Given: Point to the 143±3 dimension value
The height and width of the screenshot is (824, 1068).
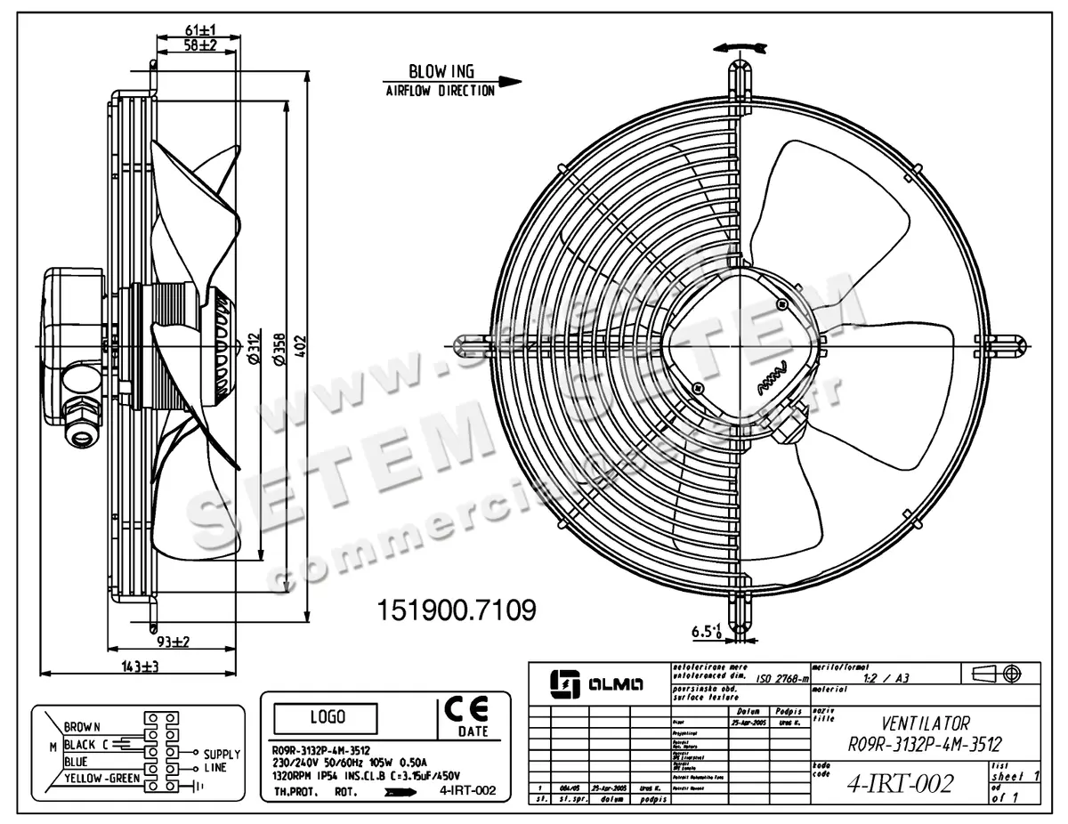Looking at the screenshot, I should pyautogui.click(x=133, y=666).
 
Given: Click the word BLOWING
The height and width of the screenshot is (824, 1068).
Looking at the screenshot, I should pyautogui.click(x=441, y=71).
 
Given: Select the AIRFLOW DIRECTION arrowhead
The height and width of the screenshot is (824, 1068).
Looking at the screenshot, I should pyautogui.click(x=509, y=82).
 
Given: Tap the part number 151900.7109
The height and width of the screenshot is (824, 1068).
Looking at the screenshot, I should pyautogui.click(x=457, y=610).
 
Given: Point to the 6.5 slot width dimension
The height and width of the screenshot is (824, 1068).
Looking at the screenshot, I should pyautogui.click(x=705, y=633).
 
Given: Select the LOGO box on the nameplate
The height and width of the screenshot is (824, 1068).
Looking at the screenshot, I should pyautogui.click(x=326, y=716).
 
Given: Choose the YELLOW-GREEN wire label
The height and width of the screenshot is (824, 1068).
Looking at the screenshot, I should pyautogui.click(x=101, y=778).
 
